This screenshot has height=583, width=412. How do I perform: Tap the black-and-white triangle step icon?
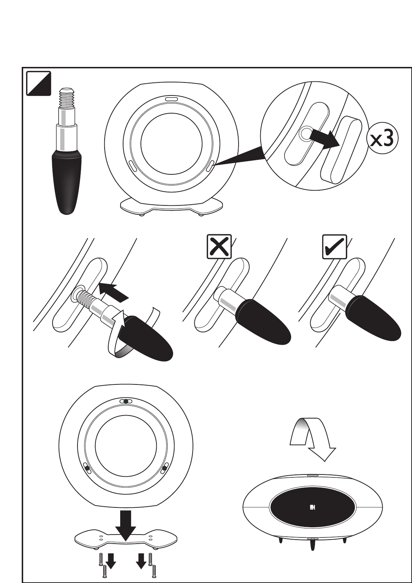pyautogui.click(x=38, y=84)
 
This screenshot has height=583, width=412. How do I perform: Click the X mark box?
pyautogui.click(x=219, y=247)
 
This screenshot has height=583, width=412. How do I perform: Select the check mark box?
pyautogui.click(x=335, y=247)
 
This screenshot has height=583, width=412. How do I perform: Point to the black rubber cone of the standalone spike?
pyautogui.click(x=67, y=183)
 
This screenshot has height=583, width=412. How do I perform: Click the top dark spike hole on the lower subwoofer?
pyautogui.click(x=125, y=401)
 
